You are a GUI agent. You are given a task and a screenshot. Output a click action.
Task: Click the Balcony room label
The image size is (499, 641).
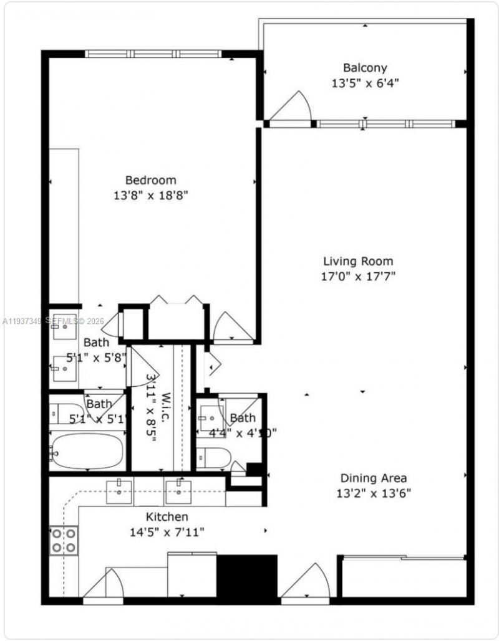pos(364,68)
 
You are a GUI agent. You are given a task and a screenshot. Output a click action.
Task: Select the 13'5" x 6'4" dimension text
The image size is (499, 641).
pos(364,82)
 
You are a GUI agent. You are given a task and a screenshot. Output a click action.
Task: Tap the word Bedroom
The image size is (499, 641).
pos(150,180)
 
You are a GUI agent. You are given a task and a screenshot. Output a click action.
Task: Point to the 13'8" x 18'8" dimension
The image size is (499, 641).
pos(150,195)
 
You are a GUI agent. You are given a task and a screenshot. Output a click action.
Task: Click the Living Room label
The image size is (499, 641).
pos(358,261)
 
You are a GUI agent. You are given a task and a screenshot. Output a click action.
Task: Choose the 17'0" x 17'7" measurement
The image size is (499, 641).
pos(358,276)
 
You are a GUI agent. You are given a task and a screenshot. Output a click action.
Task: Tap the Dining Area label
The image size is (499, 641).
pos(373,478)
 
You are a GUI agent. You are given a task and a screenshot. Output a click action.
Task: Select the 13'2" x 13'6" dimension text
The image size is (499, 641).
pos(373,493)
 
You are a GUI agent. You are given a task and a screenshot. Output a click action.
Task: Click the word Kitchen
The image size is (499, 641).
pos(167,516)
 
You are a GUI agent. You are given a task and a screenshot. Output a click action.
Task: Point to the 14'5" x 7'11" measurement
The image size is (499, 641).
pos(167,532)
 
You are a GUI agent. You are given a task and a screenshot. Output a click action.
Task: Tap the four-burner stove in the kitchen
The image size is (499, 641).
pos(64,540)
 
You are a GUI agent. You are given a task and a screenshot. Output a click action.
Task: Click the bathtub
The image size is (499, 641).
pos(87,451)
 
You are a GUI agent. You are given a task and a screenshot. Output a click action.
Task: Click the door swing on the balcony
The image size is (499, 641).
pos(293,107)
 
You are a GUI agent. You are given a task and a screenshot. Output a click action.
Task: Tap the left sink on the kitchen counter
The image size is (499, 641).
pos(119,491)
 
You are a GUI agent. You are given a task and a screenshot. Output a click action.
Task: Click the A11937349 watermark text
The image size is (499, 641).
pos(22,321)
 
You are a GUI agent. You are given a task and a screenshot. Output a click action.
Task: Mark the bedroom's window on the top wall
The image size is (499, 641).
pos(153,54)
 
